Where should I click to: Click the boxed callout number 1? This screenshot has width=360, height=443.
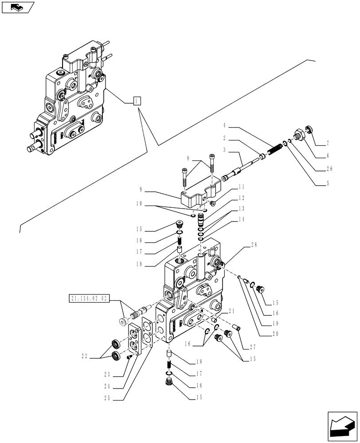(x=137, y=100)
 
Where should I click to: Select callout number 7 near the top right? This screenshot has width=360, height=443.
(x=328, y=143)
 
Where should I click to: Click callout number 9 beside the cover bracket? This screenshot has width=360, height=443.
(x=141, y=189)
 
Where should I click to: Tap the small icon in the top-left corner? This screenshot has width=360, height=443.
(x=17, y=7)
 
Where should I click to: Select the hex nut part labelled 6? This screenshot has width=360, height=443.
(x=301, y=135)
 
